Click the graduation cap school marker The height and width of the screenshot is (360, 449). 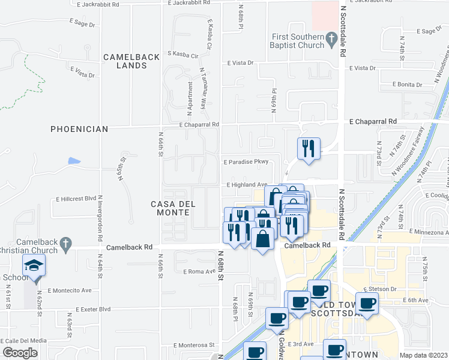34,266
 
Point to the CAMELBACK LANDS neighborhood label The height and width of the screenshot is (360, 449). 131,61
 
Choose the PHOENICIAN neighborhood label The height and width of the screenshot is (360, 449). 79,129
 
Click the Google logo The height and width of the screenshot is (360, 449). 20,353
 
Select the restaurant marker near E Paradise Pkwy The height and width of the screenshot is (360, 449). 309,148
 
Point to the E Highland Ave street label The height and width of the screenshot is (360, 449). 246,185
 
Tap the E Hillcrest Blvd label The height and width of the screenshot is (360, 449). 76,198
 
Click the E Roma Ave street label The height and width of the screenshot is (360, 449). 199,272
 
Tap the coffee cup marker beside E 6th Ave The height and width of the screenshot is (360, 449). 367,302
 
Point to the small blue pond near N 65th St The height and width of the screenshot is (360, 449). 74,161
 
